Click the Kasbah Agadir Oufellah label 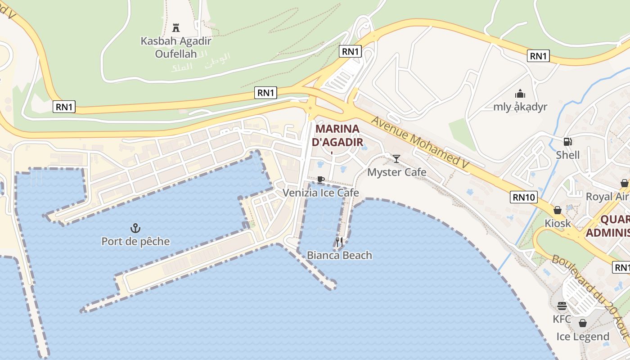[176, 47]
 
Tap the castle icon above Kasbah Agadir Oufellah [176, 28]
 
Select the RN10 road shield [523, 197]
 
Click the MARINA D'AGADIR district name [337, 135]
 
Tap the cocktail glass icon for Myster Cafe [396, 158]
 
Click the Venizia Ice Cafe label [320, 193]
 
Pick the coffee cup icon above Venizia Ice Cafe [320, 180]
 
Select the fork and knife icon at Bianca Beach [339, 242]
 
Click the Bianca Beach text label [339, 255]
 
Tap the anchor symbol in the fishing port [135, 228]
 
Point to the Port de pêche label [135, 241]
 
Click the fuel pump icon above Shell [568, 142]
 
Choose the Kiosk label [558, 223]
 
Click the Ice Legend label [583, 337]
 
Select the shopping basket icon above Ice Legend [583, 323]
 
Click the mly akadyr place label [520, 107]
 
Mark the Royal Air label [607, 197]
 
